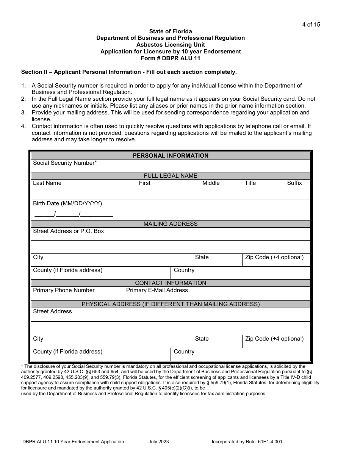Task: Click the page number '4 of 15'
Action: point(311,25)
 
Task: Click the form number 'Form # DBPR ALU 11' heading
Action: point(170,58)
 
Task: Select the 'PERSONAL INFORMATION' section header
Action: point(171,156)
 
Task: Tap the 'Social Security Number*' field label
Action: point(65,163)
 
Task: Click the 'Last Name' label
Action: point(47,183)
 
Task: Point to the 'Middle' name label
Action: point(211,183)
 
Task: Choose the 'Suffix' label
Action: point(294,183)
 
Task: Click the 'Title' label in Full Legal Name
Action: point(250,183)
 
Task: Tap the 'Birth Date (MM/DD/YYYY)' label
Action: point(67,203)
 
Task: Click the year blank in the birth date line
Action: point(97,214)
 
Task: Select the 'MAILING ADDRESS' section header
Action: point(171,224)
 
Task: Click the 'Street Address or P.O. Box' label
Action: point(68,231)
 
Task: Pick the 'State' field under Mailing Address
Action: point(202,258)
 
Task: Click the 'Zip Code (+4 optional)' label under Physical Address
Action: point(274,339)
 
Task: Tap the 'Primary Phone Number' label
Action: point(64,290)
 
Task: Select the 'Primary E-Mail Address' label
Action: point(157,290)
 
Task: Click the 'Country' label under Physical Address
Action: point(184,352)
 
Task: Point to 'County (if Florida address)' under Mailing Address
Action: point(67,270)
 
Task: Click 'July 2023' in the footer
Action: point(159,441)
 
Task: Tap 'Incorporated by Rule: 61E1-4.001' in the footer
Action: point(247,441)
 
